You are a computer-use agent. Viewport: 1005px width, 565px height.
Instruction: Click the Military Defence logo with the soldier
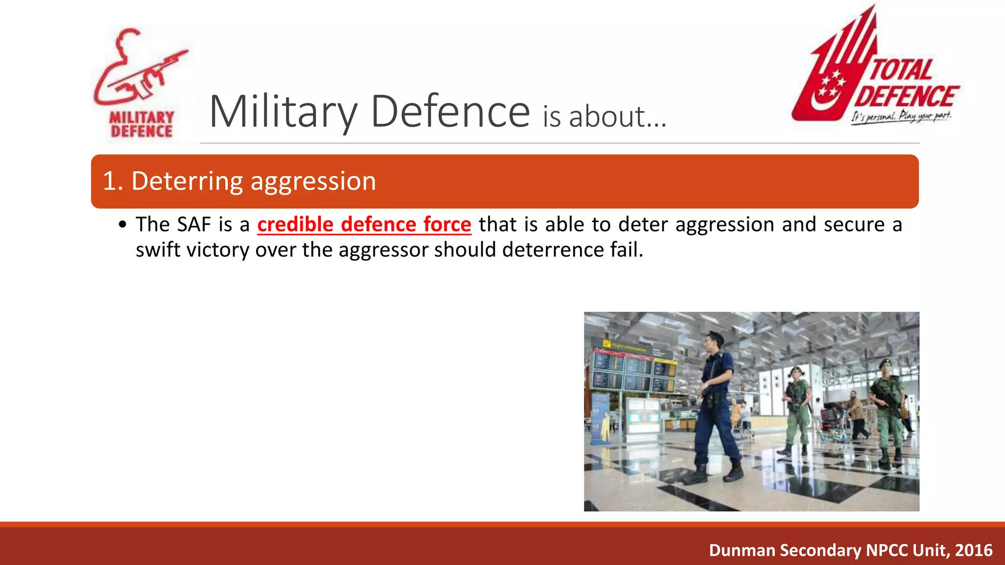click(140, 83)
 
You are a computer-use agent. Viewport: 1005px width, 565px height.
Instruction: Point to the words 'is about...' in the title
click(604, 117)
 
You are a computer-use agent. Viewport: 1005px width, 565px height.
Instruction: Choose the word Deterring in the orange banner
click(187, 181)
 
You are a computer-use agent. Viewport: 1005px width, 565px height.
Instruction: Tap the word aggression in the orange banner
click(313, 181)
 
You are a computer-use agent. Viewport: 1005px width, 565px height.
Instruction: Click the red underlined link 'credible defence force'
click(364, 224)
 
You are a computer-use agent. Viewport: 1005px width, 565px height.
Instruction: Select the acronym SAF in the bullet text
click(194, 224)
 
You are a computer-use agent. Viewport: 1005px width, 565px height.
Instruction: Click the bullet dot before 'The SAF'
click(123, 225)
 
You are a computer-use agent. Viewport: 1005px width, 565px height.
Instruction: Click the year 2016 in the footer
click(974, 550)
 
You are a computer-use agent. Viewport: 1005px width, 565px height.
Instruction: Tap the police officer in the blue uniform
click(717, 407)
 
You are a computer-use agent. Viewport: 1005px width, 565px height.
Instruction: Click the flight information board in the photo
click(633, 368)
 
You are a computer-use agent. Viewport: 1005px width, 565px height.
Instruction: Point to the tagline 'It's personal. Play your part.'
click(901, 117)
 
